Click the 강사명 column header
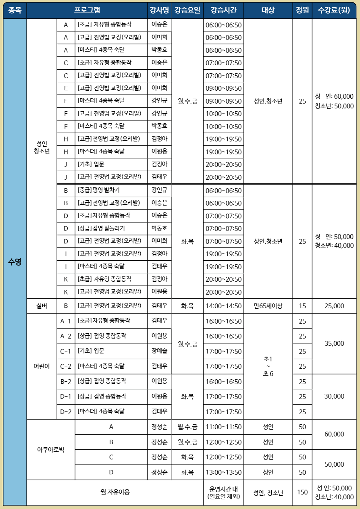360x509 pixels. click(159, 10)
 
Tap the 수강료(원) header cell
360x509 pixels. click(334, 10)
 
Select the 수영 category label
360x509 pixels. click(15, 262)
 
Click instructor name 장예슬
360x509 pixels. click(159, 351)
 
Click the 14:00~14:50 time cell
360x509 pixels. click(223, 306)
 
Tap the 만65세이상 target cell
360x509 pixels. click(268, 306)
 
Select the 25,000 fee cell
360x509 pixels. click(334, 306)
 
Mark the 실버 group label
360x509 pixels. click(42, 306)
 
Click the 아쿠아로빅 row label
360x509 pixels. click(51, 449)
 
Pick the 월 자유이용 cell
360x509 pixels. click(115, 492)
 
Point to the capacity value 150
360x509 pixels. click(302, 492)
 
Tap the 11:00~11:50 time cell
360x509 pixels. click(223, 427)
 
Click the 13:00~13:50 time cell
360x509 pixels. click(223, 472)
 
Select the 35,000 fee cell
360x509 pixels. click(334, 343)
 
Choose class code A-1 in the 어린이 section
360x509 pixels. click(66, 321)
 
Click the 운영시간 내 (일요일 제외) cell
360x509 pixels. click(223, 492)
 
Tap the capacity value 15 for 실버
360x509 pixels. click(302, 306)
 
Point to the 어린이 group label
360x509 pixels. click(42, 366)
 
